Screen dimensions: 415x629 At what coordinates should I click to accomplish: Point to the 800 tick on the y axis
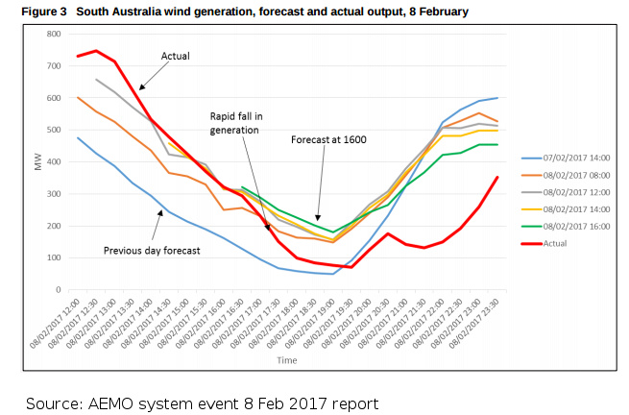[54, 34]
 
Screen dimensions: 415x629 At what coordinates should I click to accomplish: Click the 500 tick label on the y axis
[54, 130]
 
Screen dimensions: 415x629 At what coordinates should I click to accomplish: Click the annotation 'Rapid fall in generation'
[235, 122]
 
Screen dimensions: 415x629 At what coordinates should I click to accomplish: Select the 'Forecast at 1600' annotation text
[329, 139]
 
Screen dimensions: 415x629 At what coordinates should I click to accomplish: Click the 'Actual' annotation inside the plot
[176, 55]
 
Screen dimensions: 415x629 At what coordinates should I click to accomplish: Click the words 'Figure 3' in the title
[29, 10]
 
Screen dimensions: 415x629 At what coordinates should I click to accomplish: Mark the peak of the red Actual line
[96, 51]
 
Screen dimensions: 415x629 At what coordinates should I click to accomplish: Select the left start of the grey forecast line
[96, 80]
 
